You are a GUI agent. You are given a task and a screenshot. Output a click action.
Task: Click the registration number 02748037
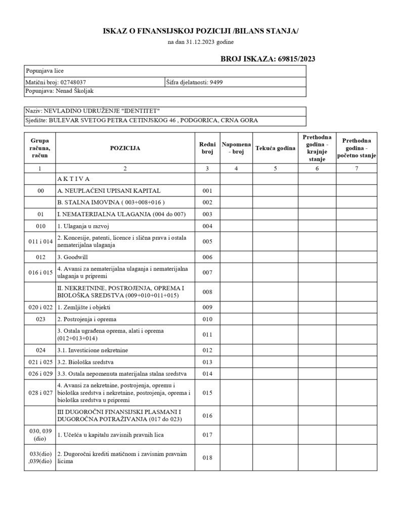pos(76,82)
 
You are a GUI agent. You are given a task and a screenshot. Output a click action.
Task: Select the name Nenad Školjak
pos(76,91)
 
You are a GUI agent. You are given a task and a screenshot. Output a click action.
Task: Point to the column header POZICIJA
pos(125,148)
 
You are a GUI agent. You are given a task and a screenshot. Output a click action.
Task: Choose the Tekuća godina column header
pos(276,148)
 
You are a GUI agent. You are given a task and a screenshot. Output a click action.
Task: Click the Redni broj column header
pos(207,148)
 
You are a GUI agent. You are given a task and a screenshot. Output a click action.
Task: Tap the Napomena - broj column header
pos(236,148)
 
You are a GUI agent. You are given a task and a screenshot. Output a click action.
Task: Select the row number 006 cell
pos(207,257)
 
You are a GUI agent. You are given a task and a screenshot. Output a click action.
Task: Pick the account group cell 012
pos(40,257)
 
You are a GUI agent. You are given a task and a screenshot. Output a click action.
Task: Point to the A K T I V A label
pos(73,179)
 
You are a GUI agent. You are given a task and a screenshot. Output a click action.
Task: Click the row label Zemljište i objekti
pos(85,307)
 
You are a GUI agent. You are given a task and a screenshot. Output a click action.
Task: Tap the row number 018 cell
pos(207,457)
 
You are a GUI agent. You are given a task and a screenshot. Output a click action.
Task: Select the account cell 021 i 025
pos(40,361)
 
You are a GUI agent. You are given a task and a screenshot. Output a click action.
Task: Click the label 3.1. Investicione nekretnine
pos(93,349)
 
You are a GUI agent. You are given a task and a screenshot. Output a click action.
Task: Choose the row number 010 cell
pos(207,319)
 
